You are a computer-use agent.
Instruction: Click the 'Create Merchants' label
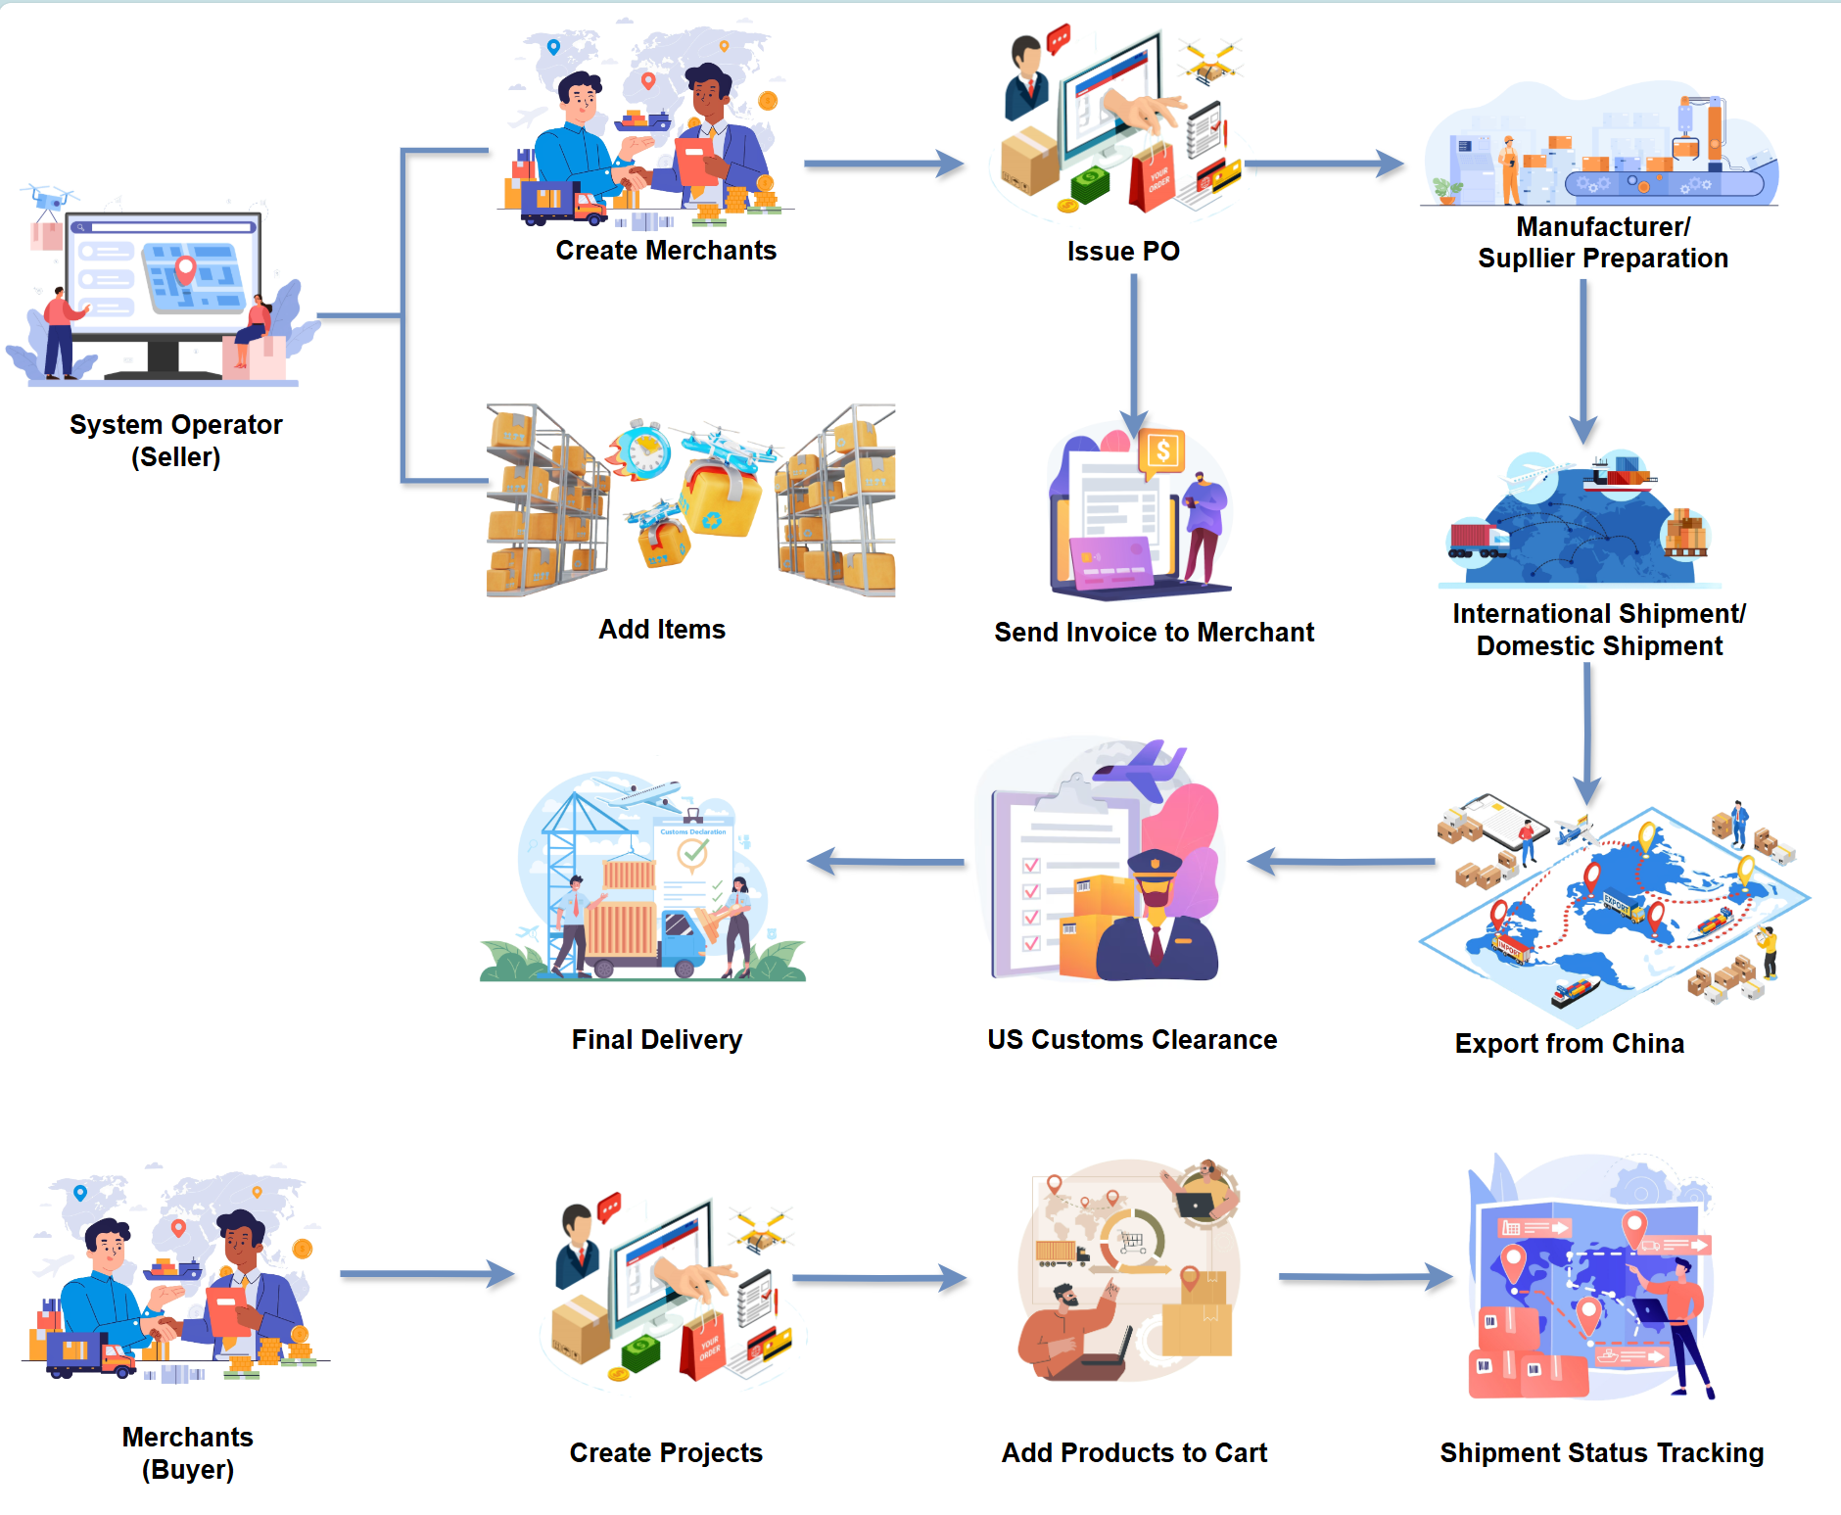click(666, 251)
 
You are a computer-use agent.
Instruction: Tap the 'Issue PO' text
click(1123, 252)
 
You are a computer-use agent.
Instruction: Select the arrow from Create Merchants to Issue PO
click(881, 164)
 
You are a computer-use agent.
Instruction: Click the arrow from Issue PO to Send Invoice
click(1134, 353)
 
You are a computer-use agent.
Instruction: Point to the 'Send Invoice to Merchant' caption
click(1154, 633)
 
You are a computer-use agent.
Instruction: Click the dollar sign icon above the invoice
click(1162, 451)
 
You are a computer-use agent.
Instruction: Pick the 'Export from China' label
click(1569, 1044)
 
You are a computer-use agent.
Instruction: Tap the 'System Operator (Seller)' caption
click(176, 441)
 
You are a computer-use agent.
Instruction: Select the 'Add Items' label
click(662, 630)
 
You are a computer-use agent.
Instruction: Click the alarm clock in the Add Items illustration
click(644, 451)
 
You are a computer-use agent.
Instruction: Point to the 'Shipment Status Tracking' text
click(1601, 1453)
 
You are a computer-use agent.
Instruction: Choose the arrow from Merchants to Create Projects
click(426, 1274)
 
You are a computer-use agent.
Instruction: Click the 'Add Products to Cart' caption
click(1134, 1453)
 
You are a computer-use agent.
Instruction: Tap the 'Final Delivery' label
click(656, 1040)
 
